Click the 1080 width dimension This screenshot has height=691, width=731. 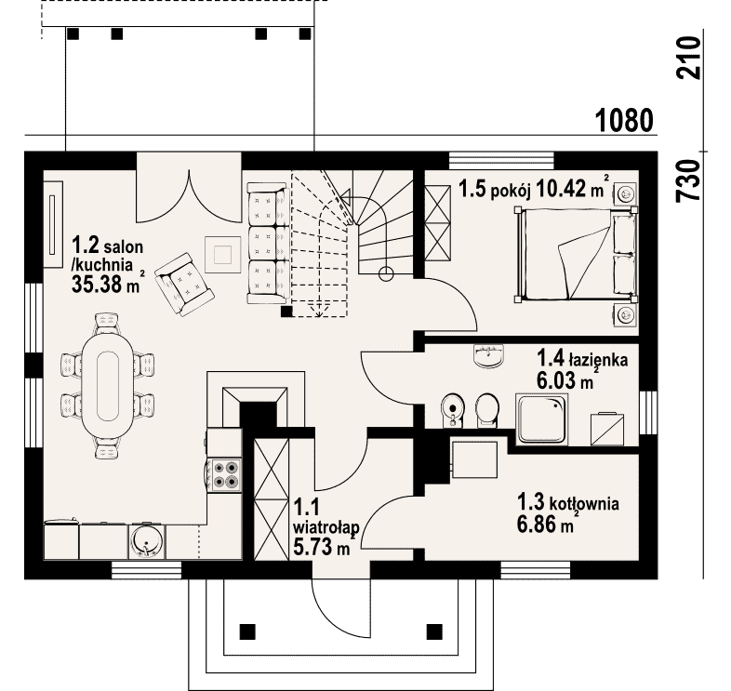coord(624,120)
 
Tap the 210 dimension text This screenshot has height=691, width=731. coord(689,58)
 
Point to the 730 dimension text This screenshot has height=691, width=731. coord(689,180)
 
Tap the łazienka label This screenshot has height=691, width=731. coord(598,360)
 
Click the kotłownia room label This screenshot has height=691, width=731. coord(585,503)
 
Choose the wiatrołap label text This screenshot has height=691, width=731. coord(326,527)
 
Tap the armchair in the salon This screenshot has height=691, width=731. coord(184,284)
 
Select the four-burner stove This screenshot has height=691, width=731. coord(225,474)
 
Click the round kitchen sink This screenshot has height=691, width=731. coord(146,542)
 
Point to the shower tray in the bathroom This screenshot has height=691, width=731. coord(541,419)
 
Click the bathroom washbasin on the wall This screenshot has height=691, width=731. coord(488,356)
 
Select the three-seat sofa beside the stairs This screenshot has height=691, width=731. coord(267,244)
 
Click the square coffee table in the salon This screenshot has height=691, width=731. coord(223,255)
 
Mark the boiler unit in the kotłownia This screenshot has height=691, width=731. coord(474,459)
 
